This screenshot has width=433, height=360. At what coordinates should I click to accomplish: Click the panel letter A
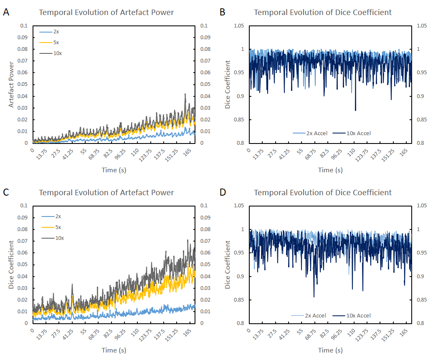coord(6,13)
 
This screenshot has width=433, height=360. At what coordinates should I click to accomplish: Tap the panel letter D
coord(223,193)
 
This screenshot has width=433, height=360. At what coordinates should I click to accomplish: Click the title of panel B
coord(323,13)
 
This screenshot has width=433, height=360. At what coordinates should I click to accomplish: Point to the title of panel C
coord(106,193)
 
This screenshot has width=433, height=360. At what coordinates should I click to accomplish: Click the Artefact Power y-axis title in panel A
coord(12,85)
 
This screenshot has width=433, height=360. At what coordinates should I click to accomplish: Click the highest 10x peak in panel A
coord(185,94)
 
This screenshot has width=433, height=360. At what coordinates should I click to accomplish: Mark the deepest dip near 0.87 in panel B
coord(355,110)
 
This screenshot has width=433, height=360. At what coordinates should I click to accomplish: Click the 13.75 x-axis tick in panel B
coord(259,153)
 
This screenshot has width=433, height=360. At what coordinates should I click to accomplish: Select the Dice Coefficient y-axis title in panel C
coord(12,265)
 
